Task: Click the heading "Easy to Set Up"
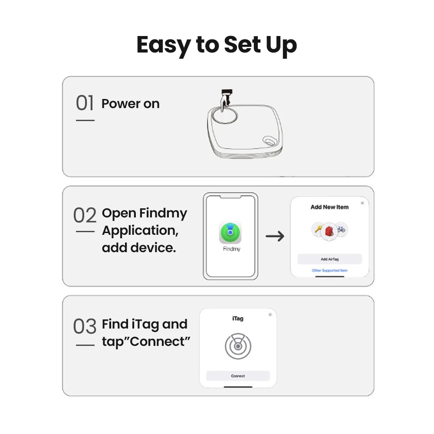[217, 46]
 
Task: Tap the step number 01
[85, 103]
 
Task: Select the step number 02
[85, 215]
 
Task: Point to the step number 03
[85, 326]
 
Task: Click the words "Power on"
[130, 104]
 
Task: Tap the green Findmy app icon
[230, 233]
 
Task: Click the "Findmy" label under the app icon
[232, 249]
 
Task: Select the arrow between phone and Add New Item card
[275, 236]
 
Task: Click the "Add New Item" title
[329, 207]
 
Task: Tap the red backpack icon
[329, 231]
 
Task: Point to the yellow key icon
[318, 229]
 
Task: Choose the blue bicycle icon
[341, 229]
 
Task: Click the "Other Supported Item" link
[330, 270]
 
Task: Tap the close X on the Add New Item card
[362, 203]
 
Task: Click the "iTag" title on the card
[238, 319]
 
